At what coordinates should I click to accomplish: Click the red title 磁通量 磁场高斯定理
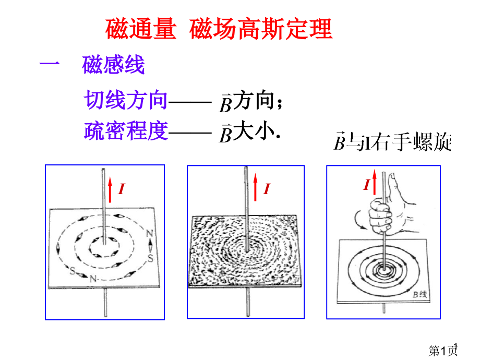pos(219,29)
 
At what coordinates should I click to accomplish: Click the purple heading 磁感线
pos(113,65)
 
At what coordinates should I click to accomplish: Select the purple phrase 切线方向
pos(126,100)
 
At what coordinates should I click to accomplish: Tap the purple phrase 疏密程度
pos(126,131)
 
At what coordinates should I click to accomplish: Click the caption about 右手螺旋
pos(392,141)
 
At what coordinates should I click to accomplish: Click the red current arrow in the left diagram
pos(110,190)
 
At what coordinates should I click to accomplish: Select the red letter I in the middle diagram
pos(267,189)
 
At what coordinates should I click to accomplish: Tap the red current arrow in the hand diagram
pos(374,182)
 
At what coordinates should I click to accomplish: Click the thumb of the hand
pos(393,186)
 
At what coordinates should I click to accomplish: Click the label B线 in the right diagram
pos(419,294)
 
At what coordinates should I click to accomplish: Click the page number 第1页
pos(443,350)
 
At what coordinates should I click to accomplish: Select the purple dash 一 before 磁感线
pos(50,63)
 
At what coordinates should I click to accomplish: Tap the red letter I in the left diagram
pos(122,189)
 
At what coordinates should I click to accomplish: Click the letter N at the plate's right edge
pos(149,234)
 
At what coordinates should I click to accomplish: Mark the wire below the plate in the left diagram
pos(105,303)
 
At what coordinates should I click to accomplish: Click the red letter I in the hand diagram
pos(366,184)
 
